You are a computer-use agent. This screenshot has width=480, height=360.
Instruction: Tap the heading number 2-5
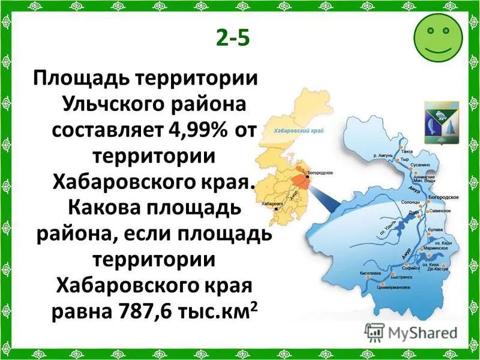[232, 38]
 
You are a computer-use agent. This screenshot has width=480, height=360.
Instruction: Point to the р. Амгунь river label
[382, 155]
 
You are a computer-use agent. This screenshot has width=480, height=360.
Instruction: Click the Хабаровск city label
[272, 204]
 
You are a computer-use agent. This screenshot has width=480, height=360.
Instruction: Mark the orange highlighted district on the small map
[299, 182]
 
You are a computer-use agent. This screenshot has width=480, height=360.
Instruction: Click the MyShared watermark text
[421, 332]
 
